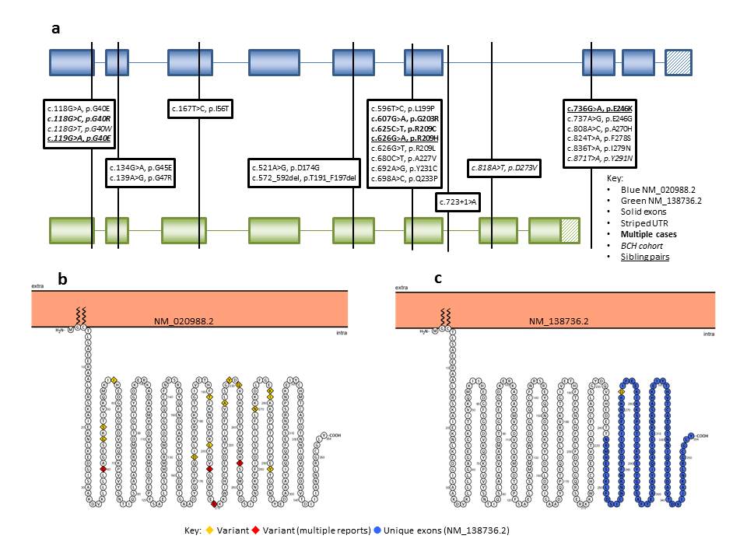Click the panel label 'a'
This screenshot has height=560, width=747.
coord(55,29)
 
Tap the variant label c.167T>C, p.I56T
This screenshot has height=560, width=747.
coord(201,108)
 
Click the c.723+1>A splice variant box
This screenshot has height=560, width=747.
coord(458,201)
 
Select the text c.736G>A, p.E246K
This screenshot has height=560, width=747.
coord(601,108)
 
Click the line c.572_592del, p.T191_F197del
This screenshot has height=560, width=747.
coord(303,179)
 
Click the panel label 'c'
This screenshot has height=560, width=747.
coord(439,278)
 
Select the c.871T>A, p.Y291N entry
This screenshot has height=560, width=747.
coord(600,159)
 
